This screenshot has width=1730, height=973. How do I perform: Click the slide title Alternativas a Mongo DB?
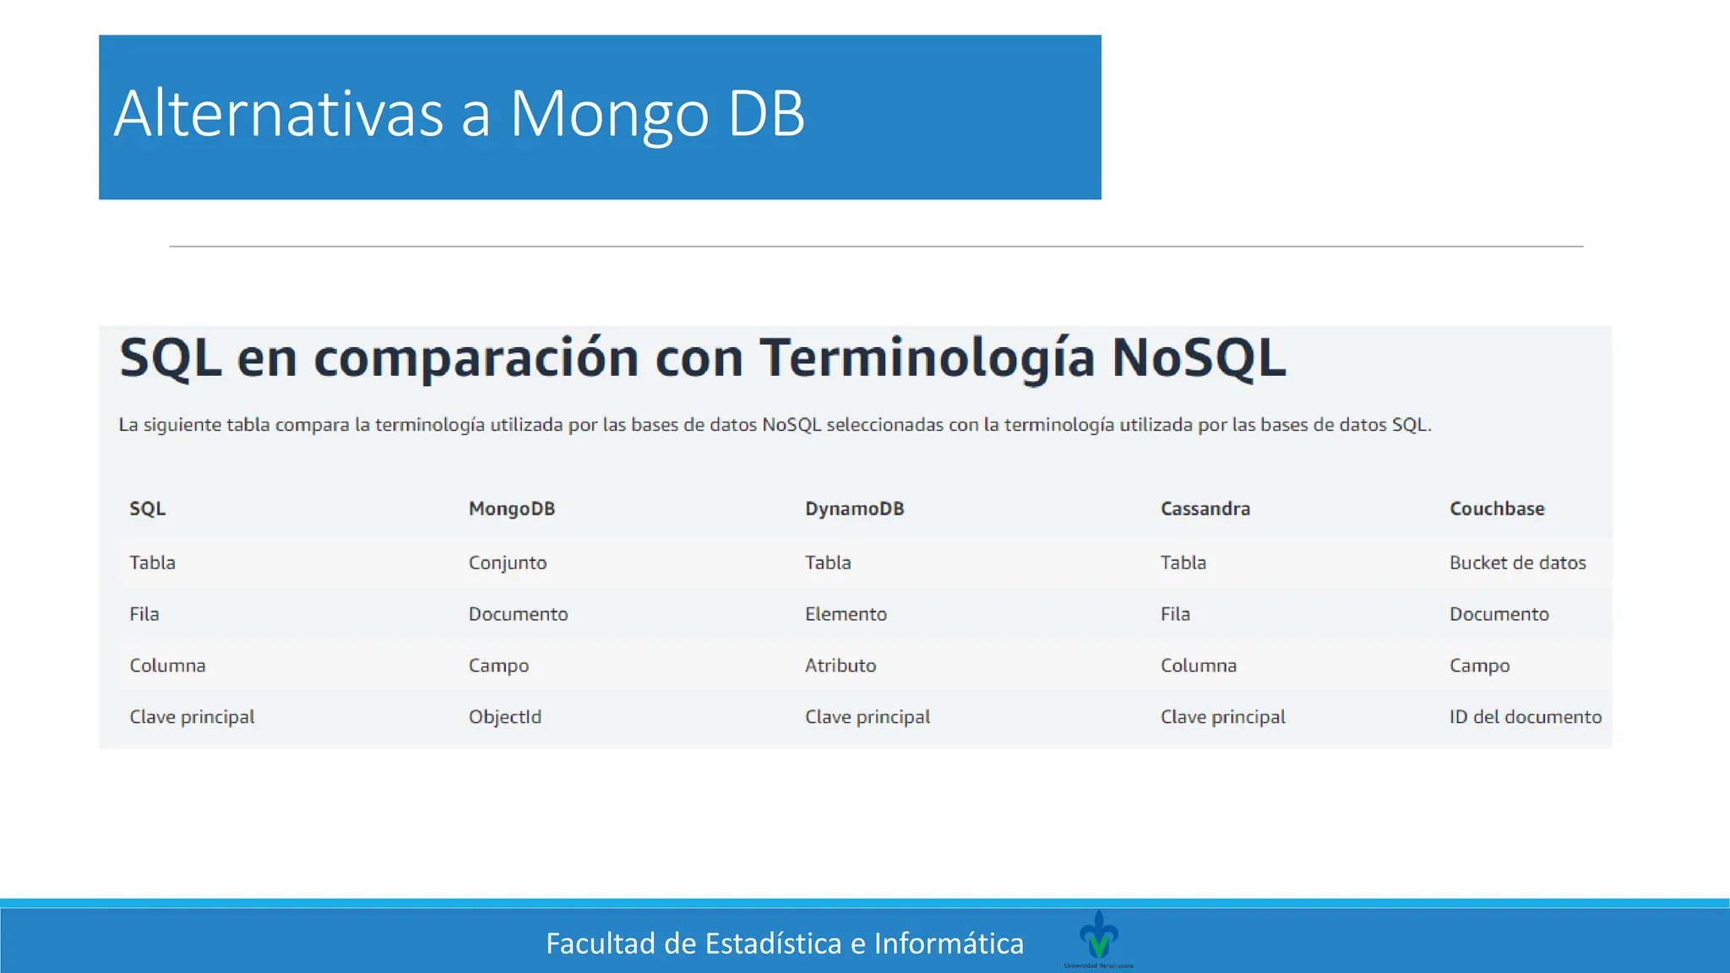460,114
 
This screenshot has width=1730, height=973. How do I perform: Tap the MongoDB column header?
512,508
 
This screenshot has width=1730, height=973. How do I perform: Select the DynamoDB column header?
854,508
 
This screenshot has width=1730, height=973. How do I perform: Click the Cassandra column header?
1205,508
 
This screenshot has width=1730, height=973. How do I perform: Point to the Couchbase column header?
1497,508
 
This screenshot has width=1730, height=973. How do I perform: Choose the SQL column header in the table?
148,508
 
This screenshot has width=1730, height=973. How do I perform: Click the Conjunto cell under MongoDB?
508,563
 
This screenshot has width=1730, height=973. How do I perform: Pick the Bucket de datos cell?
1517,563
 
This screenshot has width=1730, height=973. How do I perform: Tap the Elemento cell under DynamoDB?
846,614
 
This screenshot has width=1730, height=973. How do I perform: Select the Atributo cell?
841,666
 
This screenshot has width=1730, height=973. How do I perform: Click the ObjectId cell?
505,717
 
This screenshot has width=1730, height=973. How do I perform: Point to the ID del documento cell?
1525,717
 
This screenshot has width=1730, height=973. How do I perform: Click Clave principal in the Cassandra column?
1222,717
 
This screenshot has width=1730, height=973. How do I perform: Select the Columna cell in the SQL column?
167,666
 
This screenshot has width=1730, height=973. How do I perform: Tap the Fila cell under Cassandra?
1175,614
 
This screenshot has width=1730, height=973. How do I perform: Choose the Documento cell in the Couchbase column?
1499,614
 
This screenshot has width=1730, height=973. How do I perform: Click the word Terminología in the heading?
927,358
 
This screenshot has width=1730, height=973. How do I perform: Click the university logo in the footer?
1098,936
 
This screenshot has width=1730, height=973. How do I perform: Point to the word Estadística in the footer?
773,943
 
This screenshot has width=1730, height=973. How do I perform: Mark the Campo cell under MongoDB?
498,666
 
